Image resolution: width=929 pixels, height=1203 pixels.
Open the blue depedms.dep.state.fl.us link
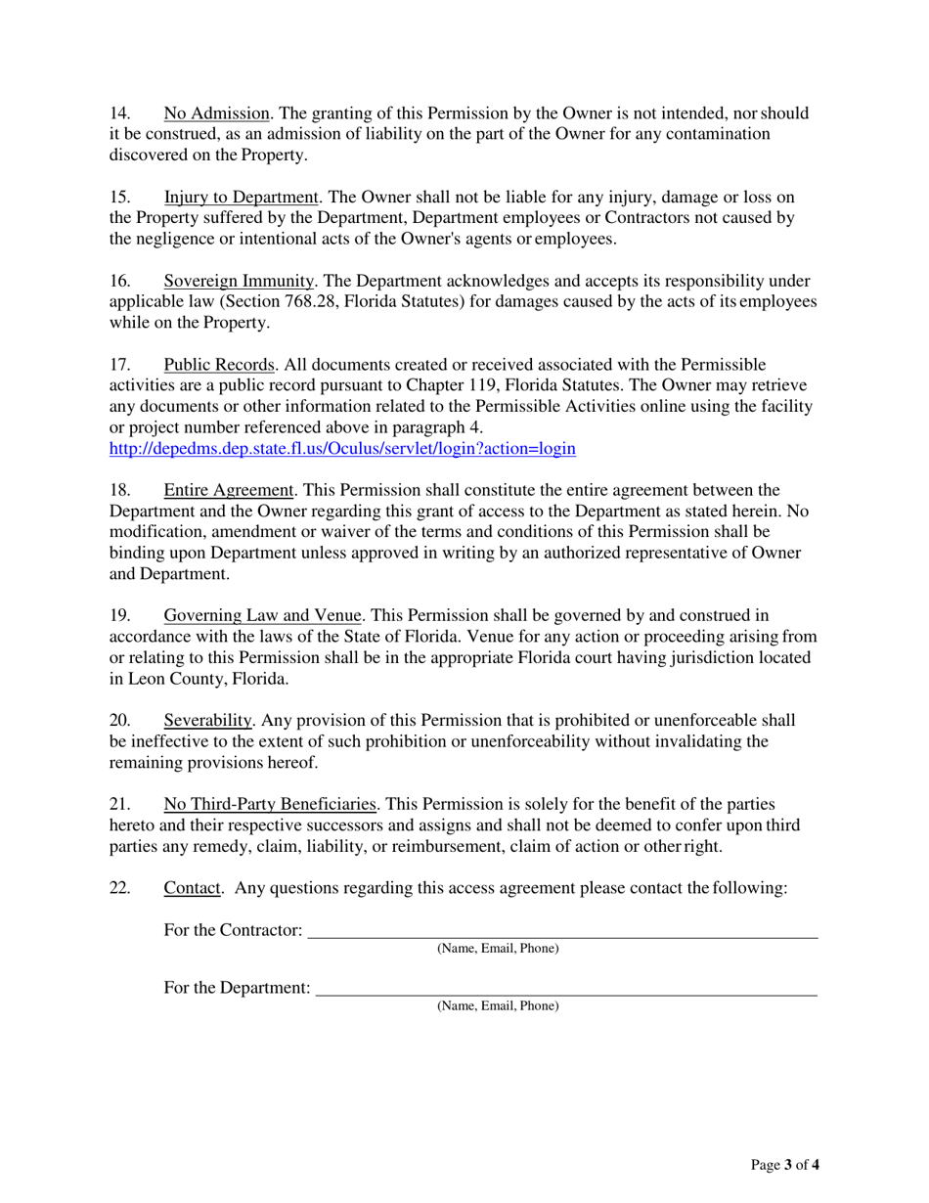[341, 449]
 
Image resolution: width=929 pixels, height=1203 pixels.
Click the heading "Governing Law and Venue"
[263, 615]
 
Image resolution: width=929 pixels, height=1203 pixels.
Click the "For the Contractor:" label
[233, 930]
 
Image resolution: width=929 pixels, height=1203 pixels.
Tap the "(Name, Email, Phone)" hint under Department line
[498, 1005]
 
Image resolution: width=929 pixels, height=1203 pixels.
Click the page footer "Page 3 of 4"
[784, 1165]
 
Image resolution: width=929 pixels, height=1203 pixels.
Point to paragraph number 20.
[118, 721]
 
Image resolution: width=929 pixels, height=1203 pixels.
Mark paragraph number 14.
[118, 113]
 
